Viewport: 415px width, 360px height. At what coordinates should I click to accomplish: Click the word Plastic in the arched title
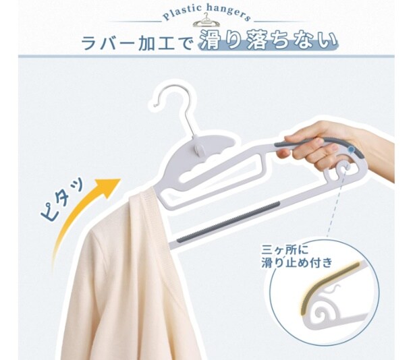click(x=182, y=13)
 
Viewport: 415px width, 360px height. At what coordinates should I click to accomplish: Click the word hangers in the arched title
click(x=228, y=13)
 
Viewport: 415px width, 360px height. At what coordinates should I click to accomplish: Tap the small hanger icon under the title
click(x=206, y=20)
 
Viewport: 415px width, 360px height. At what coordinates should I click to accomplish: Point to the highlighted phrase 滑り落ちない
click(x=268, y=40)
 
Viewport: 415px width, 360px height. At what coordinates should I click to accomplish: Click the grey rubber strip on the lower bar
click(x=228, y=222)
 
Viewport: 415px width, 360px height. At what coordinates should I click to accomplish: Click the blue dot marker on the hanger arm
click(x=351, y=150)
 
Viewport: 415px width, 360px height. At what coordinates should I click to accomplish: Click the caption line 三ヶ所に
click(x=285, y=249)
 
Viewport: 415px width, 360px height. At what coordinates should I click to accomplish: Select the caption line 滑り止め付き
click(x=297, y=262)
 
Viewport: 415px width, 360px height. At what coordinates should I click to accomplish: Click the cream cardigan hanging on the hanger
click(x=119, y=278)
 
